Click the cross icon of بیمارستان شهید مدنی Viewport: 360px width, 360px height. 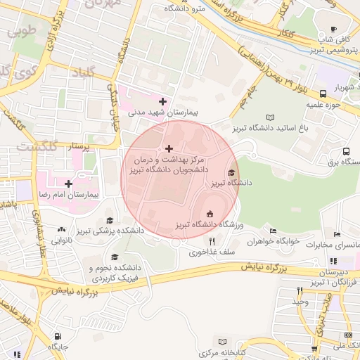click(x=162, y=102)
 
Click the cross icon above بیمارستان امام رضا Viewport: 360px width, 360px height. click(x=68, y=184)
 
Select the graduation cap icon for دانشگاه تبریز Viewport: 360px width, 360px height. click(x=232, y=173)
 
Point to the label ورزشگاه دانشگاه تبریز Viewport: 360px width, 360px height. click(x=208, y=224)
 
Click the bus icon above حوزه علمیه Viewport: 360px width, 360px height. click(x=323, y=94)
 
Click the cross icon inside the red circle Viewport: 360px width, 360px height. click(x=169, y=148)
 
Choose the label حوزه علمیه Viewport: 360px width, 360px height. click(x=323, y=105)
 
